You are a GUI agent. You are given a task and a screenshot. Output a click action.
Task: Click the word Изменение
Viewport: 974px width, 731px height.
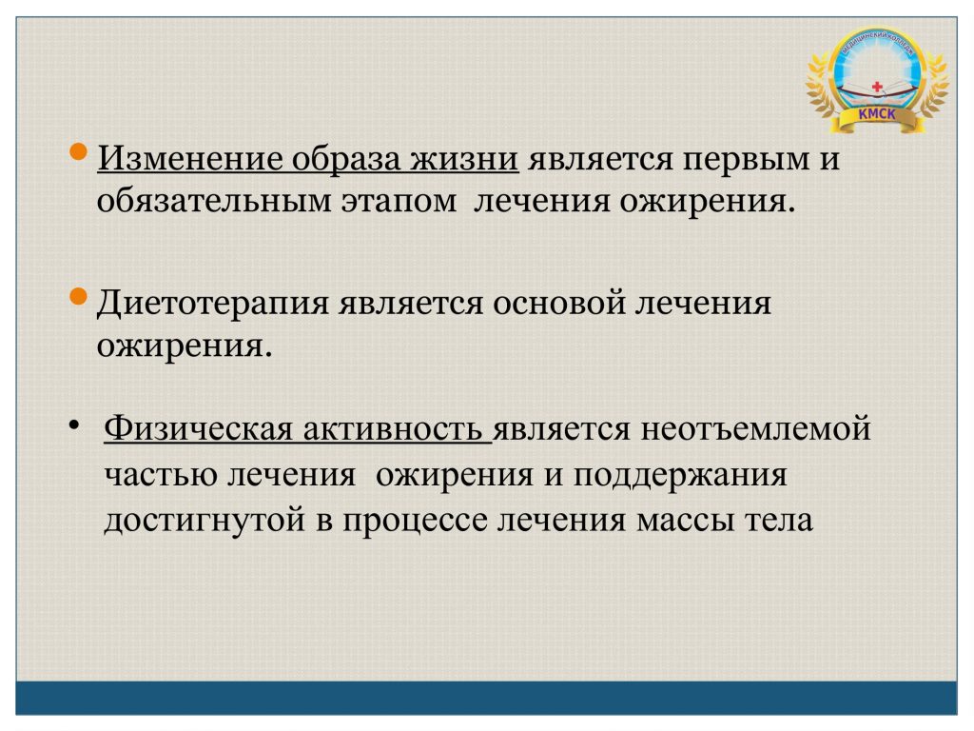click(x=189, y=158)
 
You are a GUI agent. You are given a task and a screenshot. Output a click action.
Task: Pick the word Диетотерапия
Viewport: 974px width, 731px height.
click(x=212, y=305)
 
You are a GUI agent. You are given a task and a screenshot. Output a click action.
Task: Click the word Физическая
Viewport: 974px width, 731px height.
click(x=198, y=429)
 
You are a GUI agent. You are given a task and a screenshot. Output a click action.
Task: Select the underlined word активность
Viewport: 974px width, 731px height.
click(x=393, y=430)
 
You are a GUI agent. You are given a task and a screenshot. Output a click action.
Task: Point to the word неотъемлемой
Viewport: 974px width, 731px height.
click(x=755, y=429)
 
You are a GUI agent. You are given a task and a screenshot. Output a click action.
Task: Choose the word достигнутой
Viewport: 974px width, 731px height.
click(x=205, y=521)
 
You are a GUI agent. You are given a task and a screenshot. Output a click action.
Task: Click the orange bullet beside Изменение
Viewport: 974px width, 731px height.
click(x=78, y=152)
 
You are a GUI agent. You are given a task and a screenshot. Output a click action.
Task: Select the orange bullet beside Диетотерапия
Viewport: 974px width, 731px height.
click(x=78, y=297)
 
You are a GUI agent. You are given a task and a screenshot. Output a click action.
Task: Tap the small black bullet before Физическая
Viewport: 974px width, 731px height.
click(x=74, y=425)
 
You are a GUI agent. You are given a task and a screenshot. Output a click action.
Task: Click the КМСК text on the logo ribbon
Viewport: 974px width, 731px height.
click(x=876, y=114)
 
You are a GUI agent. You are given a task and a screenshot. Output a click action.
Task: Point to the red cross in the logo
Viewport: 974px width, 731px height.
click(x=877, y=87)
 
